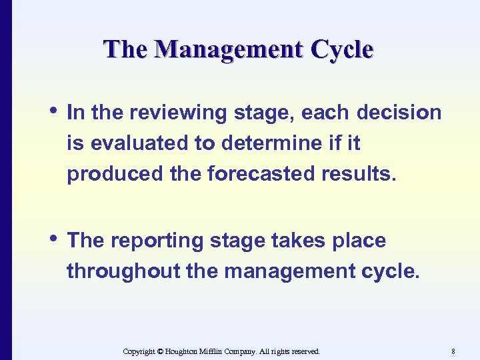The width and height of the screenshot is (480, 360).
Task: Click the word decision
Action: tap(399, 113)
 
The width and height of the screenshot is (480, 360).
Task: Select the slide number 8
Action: tap(453, 351)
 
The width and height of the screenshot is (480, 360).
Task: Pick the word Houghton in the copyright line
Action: tap(182, 351)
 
